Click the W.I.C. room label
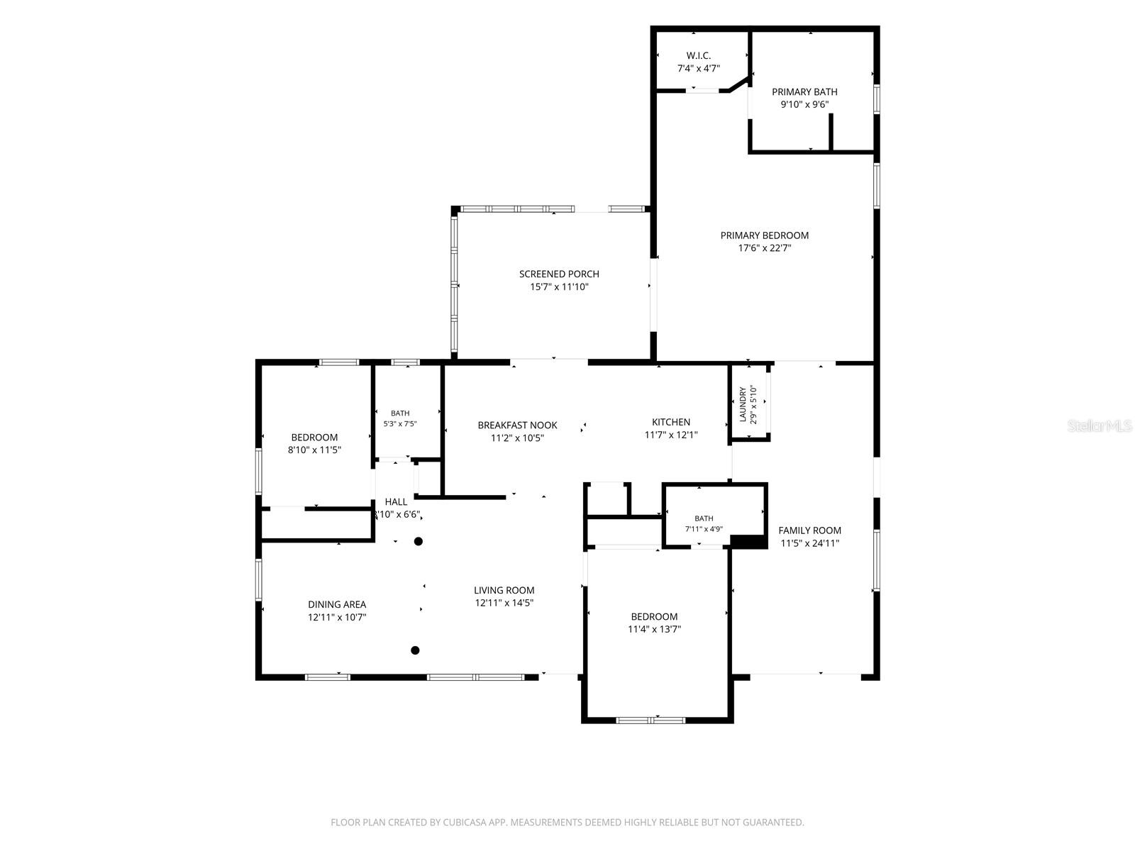[x=698, y=55]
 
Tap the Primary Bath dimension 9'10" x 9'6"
[x=804, y=104]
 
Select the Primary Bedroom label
[x=764, y=235]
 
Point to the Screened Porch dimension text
[x=559, y=287]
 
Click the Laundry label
[x=743, y=404]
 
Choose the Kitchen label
[x=670, y=422]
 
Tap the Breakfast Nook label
[x=517, y=425]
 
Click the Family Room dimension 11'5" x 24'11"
[x=809, y=543]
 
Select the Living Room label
[x=504, y=589]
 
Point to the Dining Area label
[x=337, y=604]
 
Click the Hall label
[x=396, y=501]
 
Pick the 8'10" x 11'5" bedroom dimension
[x=314, y=450]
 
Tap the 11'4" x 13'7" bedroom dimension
[x=654, y=629]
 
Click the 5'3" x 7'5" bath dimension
[x=399, y=423]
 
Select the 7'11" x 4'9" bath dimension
[x=703, y=528]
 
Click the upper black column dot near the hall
[x=419, y=542]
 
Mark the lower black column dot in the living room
[x=415, y=650]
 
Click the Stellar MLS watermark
[x=1099, y=425]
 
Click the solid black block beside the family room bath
[x=748, y=541]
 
